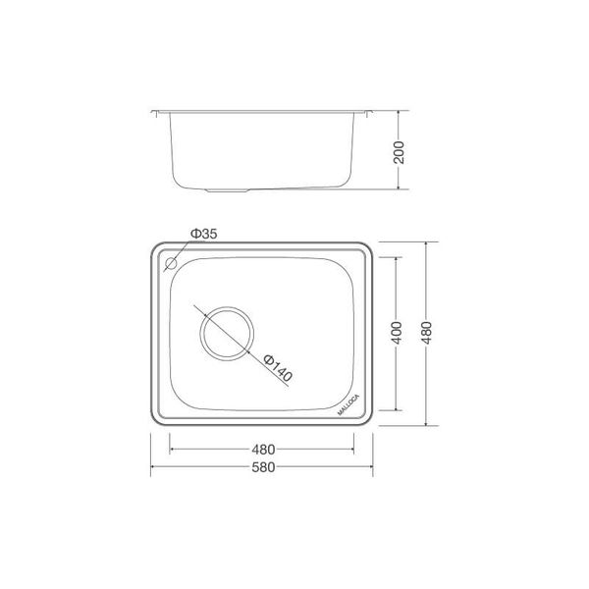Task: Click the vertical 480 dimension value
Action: (425, 333)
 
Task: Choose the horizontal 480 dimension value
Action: (262, 451)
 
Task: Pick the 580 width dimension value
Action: (262, 467)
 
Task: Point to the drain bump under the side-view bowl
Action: (228, 188)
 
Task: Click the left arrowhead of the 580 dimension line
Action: (153, 468)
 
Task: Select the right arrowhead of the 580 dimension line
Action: (374, 468)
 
